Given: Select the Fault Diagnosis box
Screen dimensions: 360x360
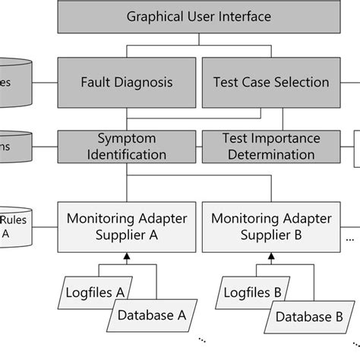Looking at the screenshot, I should click(127, 82).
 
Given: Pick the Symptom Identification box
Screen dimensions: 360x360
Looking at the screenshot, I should click(127, 146).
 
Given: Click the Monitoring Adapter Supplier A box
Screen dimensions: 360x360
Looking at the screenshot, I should click(127, 226).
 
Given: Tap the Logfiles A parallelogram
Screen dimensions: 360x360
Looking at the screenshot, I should click(96, 291).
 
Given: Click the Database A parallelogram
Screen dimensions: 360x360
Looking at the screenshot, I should click(150, 312).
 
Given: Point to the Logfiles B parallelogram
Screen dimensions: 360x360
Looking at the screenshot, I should click(254, 291).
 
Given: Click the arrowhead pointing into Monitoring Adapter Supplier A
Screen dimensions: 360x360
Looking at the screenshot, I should click(126, 259).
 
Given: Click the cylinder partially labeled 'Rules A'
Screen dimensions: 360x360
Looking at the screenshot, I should click(13, 227).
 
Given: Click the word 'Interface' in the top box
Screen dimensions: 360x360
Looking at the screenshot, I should click(243, 16).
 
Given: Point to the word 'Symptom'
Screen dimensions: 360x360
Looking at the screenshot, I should click(127, 138).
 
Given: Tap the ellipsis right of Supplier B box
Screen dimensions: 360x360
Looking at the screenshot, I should click(349, 238).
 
